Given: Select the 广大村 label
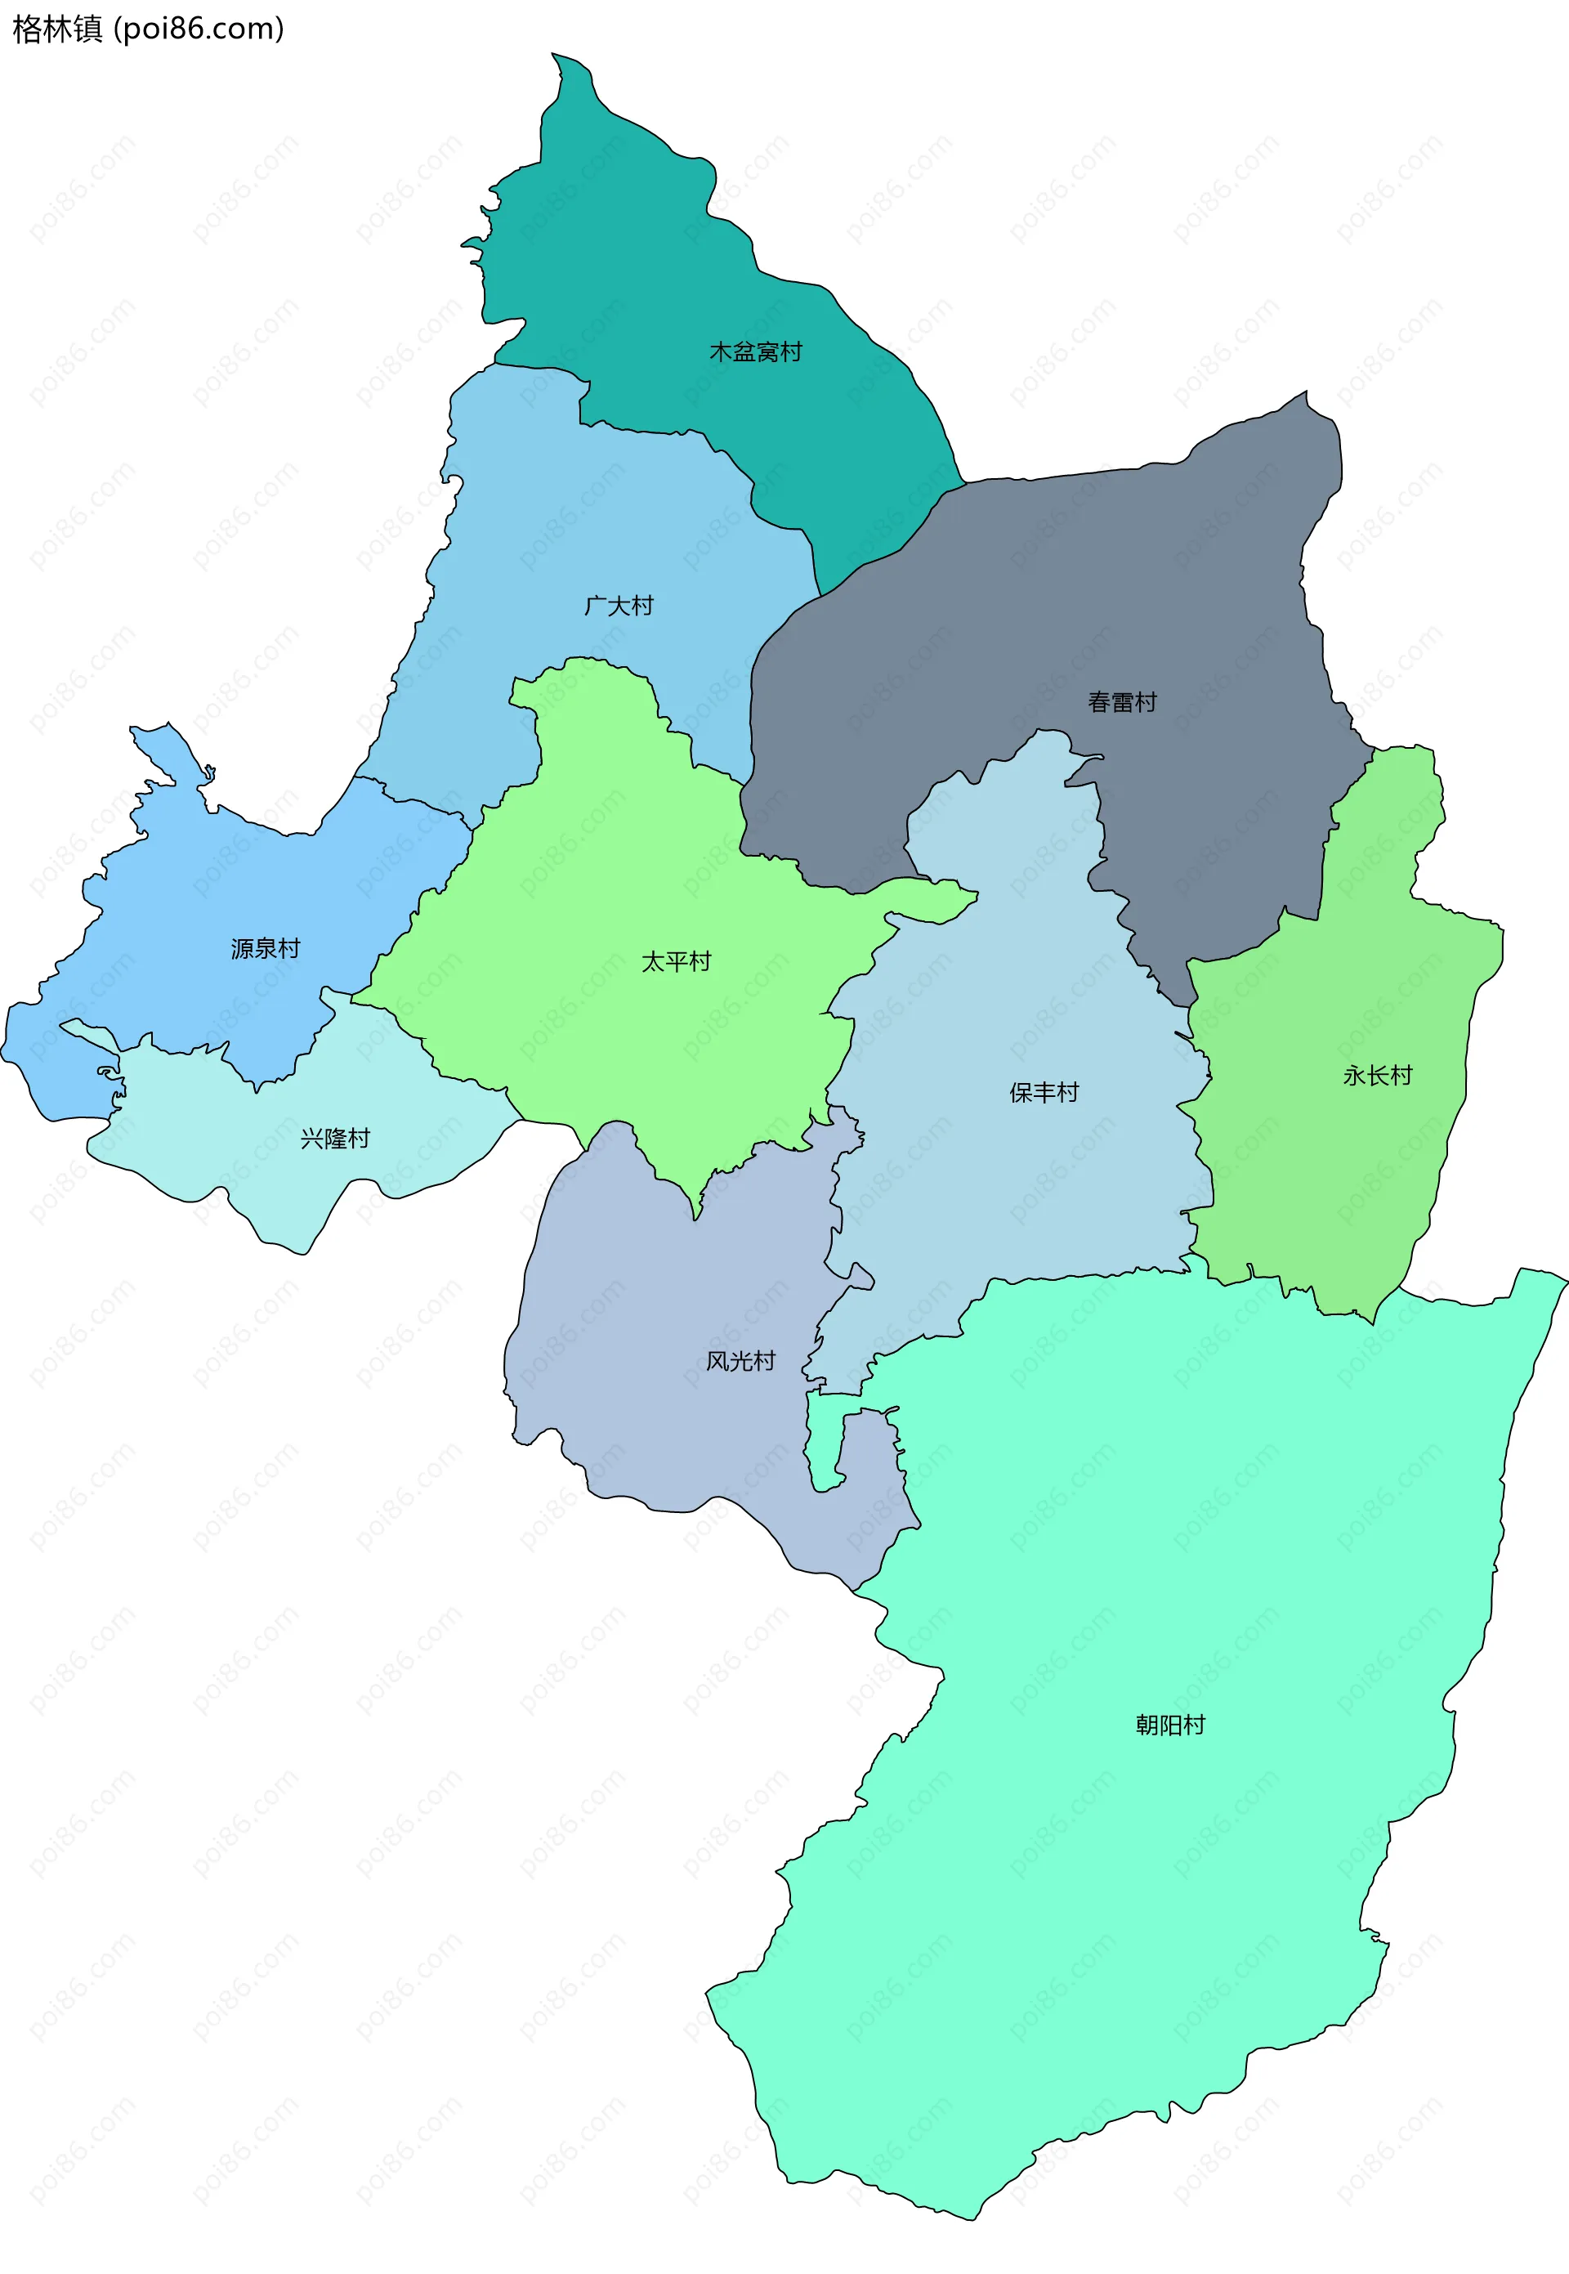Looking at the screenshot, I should pos(619,605).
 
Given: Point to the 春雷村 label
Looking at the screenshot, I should pos(1122,702).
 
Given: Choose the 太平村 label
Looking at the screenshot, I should pos(677,960).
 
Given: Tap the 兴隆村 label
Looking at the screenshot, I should pos(335,1138).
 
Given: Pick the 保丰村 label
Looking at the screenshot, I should pos(1044,1091).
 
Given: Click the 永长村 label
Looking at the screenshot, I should pos(1377,1075).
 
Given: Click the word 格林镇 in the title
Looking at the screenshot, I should pos(57,29).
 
